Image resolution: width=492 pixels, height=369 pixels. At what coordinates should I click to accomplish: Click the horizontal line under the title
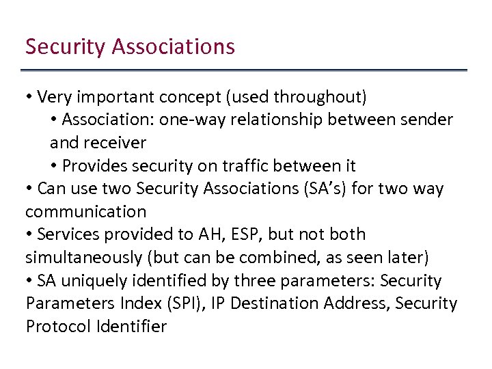(x=244, y=70)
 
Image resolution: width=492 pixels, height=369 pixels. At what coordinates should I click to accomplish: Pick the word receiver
(x=115, y=143)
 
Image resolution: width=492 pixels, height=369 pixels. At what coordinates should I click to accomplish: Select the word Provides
(x=94, y=166)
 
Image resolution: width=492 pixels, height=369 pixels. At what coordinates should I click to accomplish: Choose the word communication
(x=86, y=212)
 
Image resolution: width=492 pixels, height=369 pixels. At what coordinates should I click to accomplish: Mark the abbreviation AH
(x=208, y=234)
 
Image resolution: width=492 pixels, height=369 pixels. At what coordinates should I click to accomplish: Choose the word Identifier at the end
(x=131, y=327)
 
